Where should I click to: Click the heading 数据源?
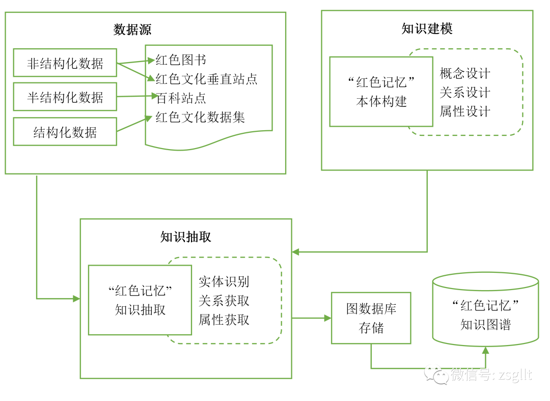132,30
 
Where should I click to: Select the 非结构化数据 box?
65,63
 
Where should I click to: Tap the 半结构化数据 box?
65,97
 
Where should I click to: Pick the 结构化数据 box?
65,132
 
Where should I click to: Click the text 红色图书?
181,60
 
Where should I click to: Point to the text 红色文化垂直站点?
206,79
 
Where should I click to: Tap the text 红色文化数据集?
200,117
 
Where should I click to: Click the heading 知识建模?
427,28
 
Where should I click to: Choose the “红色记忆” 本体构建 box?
381,92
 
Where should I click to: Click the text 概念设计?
465,73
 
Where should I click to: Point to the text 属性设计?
465,111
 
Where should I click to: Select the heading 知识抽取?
185,237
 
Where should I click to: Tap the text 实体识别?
224,281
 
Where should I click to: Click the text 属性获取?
224,320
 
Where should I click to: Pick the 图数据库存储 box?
371,318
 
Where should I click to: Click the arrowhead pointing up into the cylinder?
485,351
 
